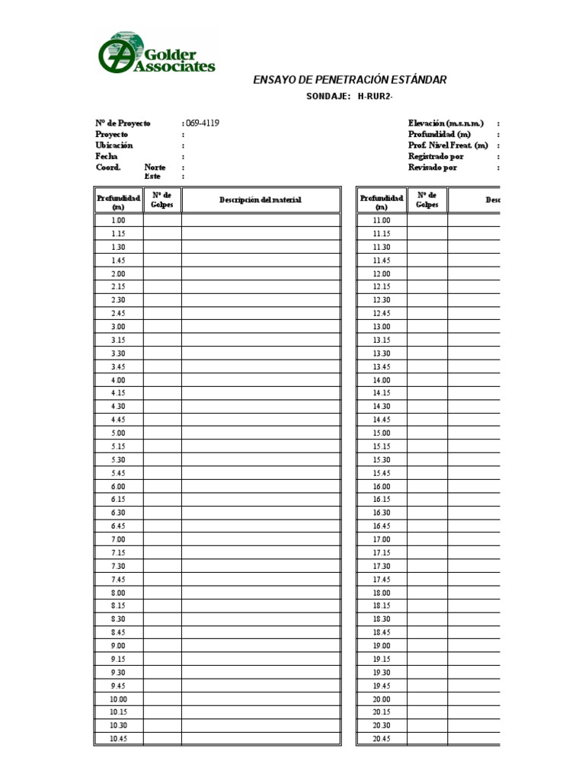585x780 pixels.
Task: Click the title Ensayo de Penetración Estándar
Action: (350, 80)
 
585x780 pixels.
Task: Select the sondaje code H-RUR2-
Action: (375, 96)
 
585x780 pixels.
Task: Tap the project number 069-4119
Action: (203, 123)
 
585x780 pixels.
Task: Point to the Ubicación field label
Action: (114, 145)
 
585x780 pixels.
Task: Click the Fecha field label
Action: (107, 156)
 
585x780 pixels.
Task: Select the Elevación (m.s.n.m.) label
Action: (446, 123)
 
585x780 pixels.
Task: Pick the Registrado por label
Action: (436, 156)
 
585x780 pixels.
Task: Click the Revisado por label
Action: (433, 168)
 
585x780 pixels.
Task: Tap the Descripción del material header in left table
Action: (261, 200)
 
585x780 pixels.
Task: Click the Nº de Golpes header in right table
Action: (427, 200)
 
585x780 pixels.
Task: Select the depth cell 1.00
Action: (118, 221)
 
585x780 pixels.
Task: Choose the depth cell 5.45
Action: (118, 473)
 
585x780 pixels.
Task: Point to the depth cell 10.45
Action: (118, 739)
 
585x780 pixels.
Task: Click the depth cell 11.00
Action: (382, 221)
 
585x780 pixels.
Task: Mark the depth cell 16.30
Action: (382, 513)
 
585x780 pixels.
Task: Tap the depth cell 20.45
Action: (382, 739)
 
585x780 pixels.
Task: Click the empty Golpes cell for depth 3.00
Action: (162, 327)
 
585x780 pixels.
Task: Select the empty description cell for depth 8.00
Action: (261, 593)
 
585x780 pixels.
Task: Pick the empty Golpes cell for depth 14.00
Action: (427, 380)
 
